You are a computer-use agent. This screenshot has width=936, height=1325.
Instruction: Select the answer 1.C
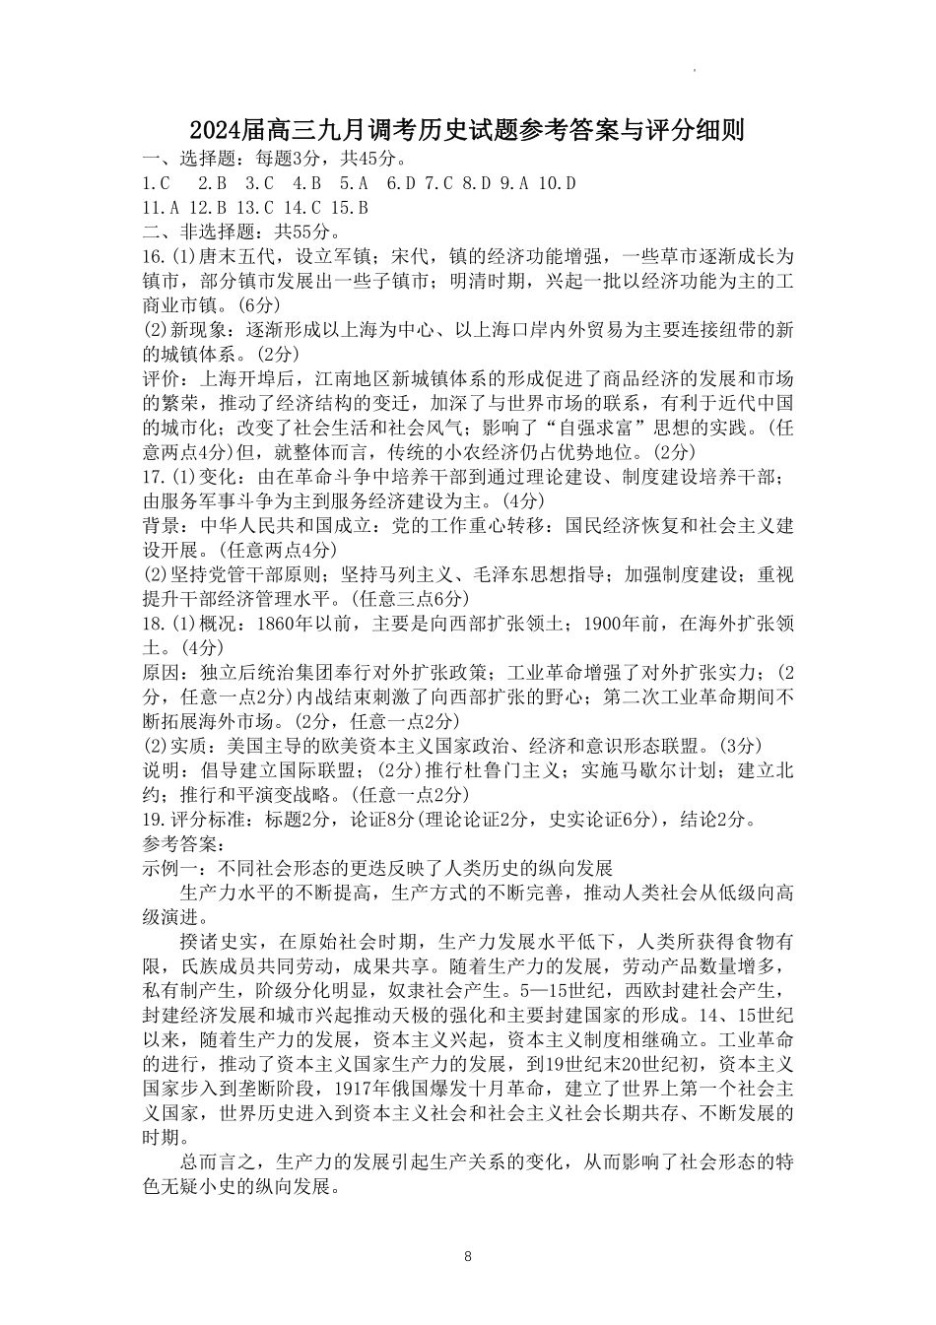(157, 183)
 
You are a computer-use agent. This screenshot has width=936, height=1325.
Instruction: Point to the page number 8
(468, 1256)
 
